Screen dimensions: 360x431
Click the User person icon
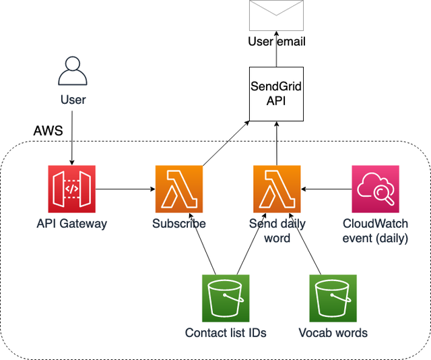click(x=73, y=72)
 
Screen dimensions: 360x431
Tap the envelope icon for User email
click(x=276, y=16)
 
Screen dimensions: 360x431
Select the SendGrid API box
click(x=276, y=94)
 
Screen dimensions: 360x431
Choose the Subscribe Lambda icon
click(x=178, y=189)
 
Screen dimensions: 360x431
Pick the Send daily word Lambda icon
click(x=276, y=189)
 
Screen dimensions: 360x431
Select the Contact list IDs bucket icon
click(x=226, y=298)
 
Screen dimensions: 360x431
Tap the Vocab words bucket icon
click(x=333, y=298)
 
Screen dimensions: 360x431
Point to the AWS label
click(x=48, y=131)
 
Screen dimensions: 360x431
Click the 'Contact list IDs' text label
click(x=226, y=332)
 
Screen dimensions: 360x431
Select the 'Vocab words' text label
click(x=333, y=332)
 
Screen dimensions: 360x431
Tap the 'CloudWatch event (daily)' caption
click(x=376, y=231)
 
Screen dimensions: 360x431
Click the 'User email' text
click(x=276, y=42)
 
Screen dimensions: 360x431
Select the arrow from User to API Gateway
click(x=72, y=138)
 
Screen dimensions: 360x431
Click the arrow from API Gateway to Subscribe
click(x=125, y=189)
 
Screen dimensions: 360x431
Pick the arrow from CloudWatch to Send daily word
click(x=326, y=189)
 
